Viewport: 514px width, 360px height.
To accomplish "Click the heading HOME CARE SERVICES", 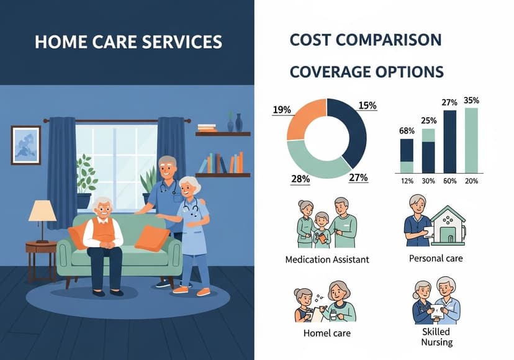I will tap(128, 42).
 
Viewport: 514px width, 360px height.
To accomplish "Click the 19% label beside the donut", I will tap(282, 110).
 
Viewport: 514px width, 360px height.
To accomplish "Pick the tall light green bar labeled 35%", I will tap(472, 140).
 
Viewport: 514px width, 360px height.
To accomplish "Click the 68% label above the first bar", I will tap(407, 131).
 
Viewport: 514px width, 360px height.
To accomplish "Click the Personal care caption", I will tap(436, 258).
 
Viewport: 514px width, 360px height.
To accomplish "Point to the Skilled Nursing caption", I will tap(436, 336).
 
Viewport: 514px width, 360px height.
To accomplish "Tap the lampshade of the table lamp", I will tap(42, 211).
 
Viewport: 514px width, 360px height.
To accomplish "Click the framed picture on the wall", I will tap(25, 145).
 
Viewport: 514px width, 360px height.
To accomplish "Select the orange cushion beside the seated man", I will tap(151, 238).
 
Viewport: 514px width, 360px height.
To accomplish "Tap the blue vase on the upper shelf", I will tap(239, 122).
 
